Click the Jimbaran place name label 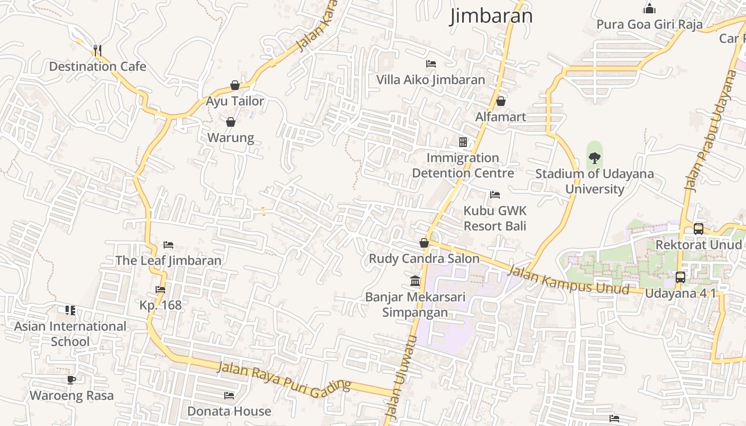coord(491,16)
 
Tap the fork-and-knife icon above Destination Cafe coord(97,51)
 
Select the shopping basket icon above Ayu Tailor coord(234,85)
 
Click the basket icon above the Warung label coord(231,122)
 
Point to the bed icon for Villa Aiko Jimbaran coord(431,64)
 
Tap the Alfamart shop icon coord(500,101)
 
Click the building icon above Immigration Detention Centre coord(463,142)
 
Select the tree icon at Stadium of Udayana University coord(594,158)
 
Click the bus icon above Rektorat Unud coord(698,229)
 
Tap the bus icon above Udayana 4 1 coord(680,277)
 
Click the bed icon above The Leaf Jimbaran coord(168,245)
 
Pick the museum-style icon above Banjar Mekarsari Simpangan coord(415,281)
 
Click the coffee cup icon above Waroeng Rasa coord(71,380)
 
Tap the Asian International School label coord(70,334)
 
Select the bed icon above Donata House coord(229,395)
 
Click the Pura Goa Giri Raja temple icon coord(649,9)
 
